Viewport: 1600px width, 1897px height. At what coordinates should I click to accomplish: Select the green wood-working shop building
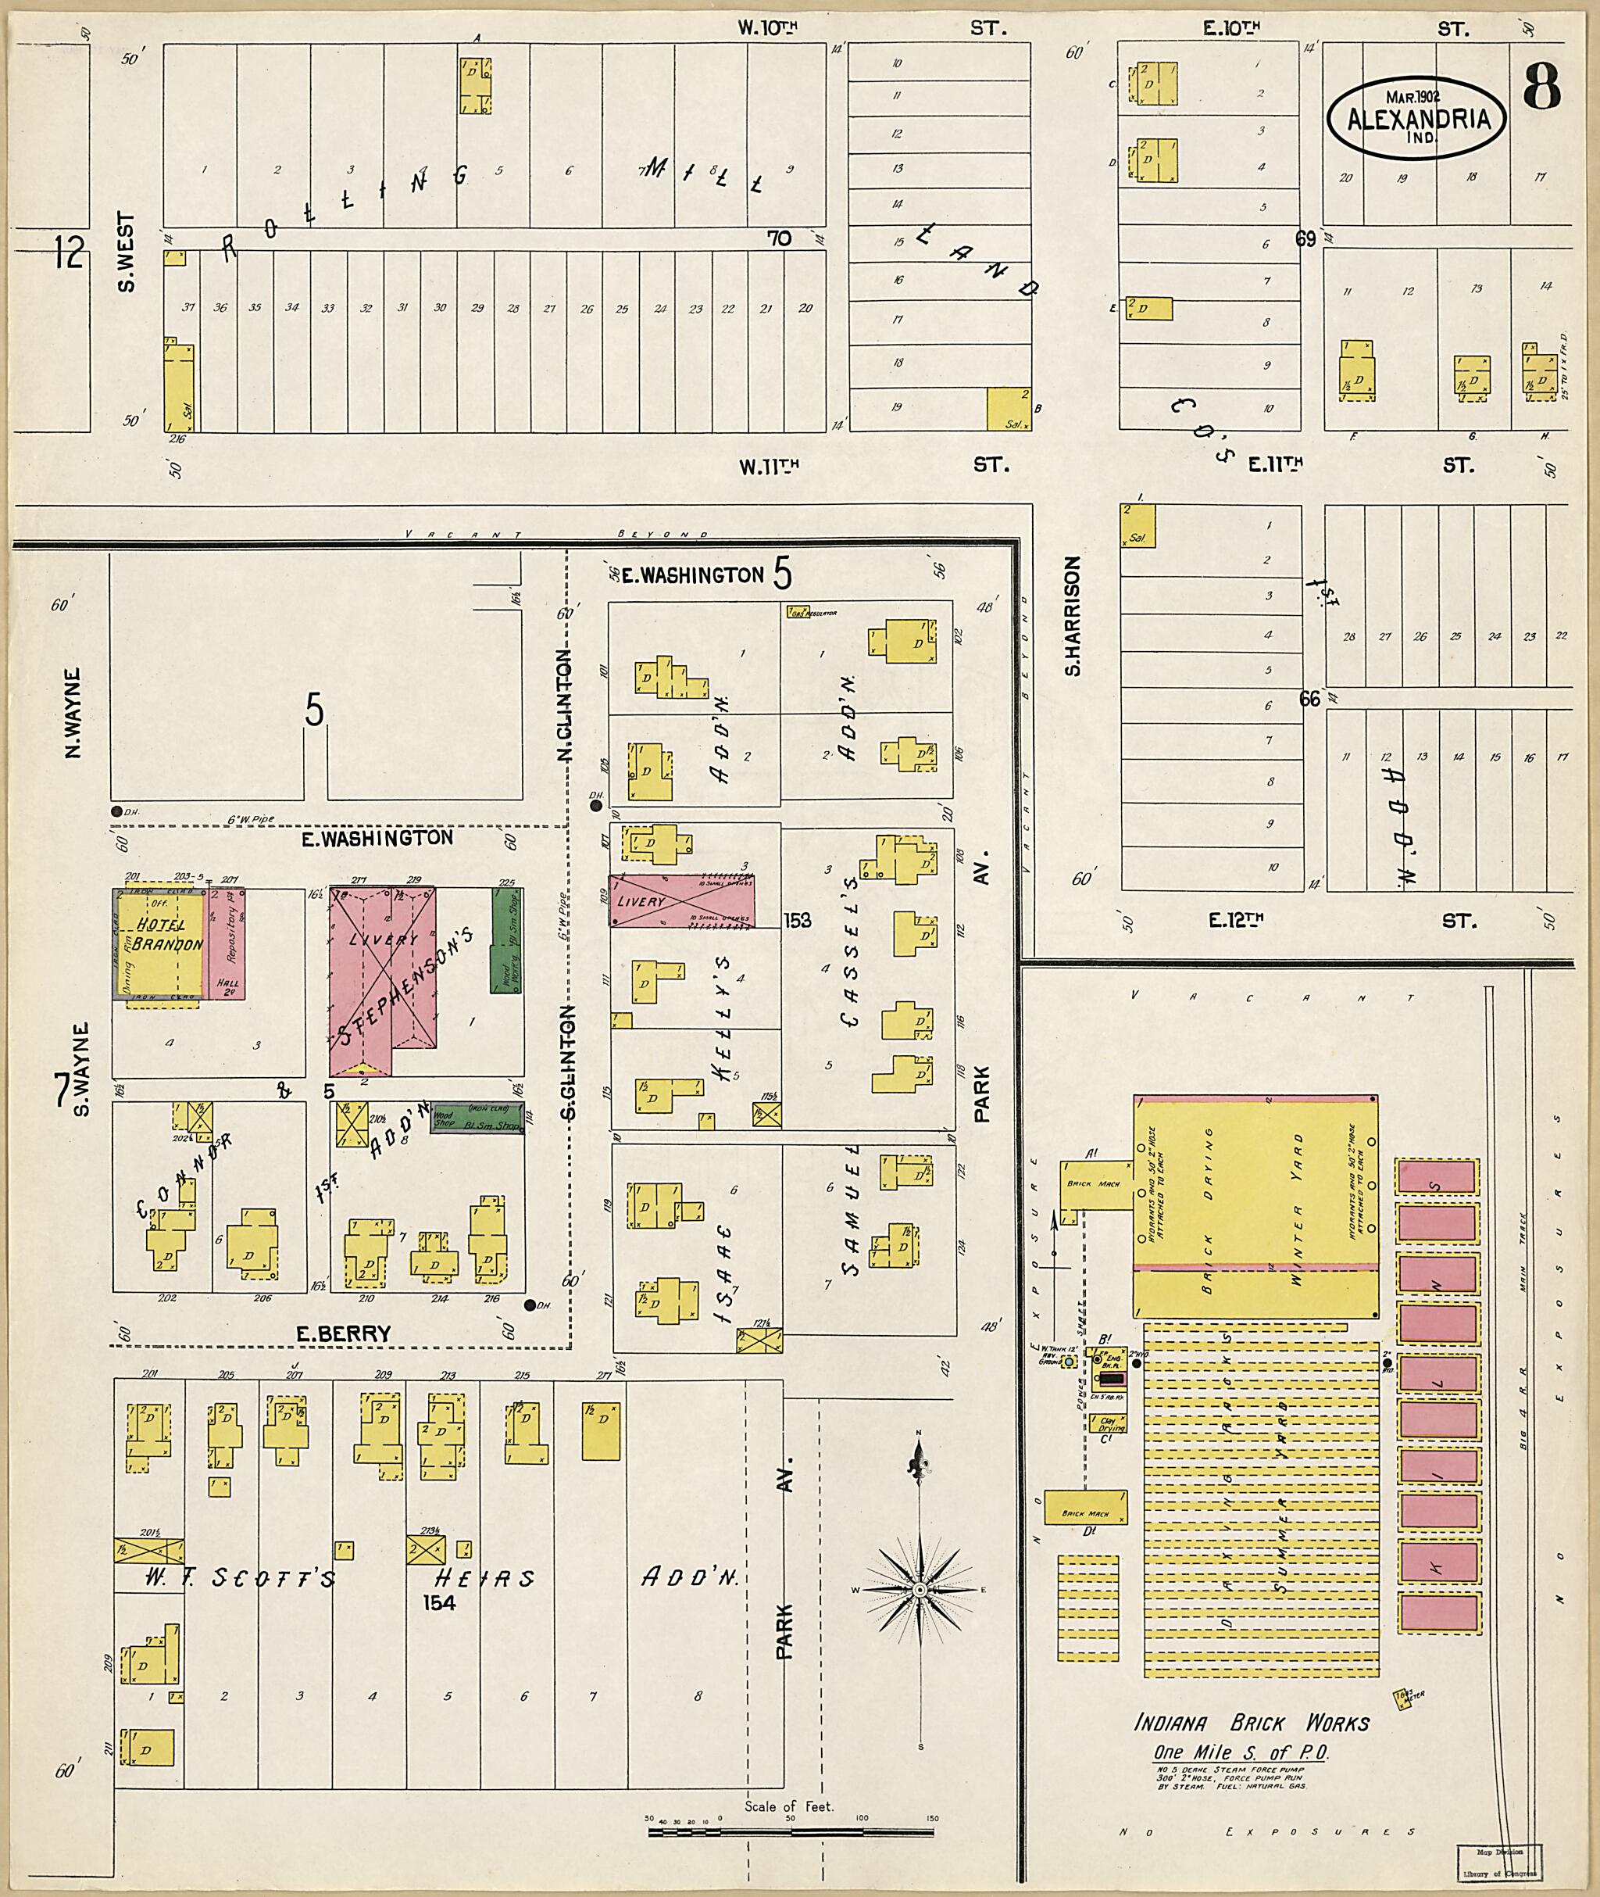pyautogui.click(x=505, y=939)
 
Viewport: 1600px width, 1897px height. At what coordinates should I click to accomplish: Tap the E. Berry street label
pyautogui.click(x=343, y=1333)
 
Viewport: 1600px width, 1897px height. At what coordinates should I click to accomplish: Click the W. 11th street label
pyautogui.click(x=770, y=467)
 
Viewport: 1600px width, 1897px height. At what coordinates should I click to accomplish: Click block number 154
pyautogui.click(x=439, y=1603)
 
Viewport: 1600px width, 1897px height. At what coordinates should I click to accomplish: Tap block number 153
pyautogui.click(x=799, y=920)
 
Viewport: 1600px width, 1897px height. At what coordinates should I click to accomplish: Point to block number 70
pyautogui.click(x=779, y=238)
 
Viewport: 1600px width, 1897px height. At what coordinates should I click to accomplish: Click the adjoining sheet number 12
pyautogui.click(x=68, y=252)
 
